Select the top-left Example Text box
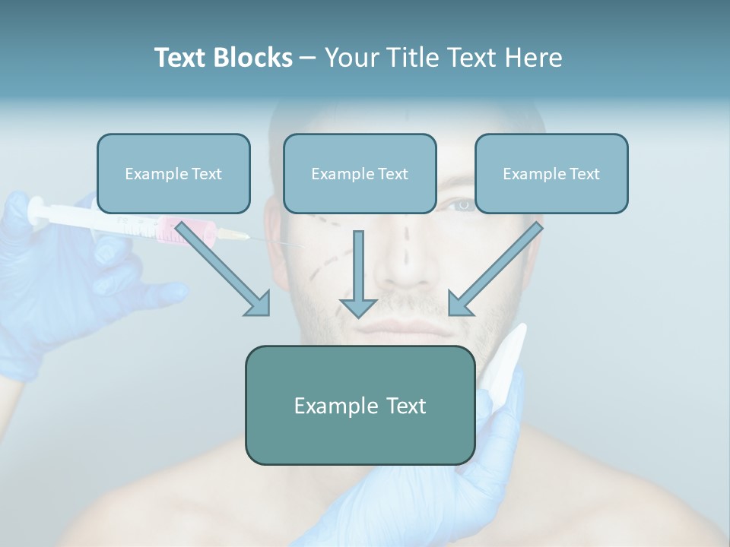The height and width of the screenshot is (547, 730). pos(173,174)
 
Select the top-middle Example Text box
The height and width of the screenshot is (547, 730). pos(360,174)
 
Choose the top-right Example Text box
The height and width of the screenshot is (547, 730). pos(551,174)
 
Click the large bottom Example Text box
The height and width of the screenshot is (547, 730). pos(360,406)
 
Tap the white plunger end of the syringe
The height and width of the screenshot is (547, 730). pos(35,210)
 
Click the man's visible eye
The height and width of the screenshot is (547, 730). pos(461,204)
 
